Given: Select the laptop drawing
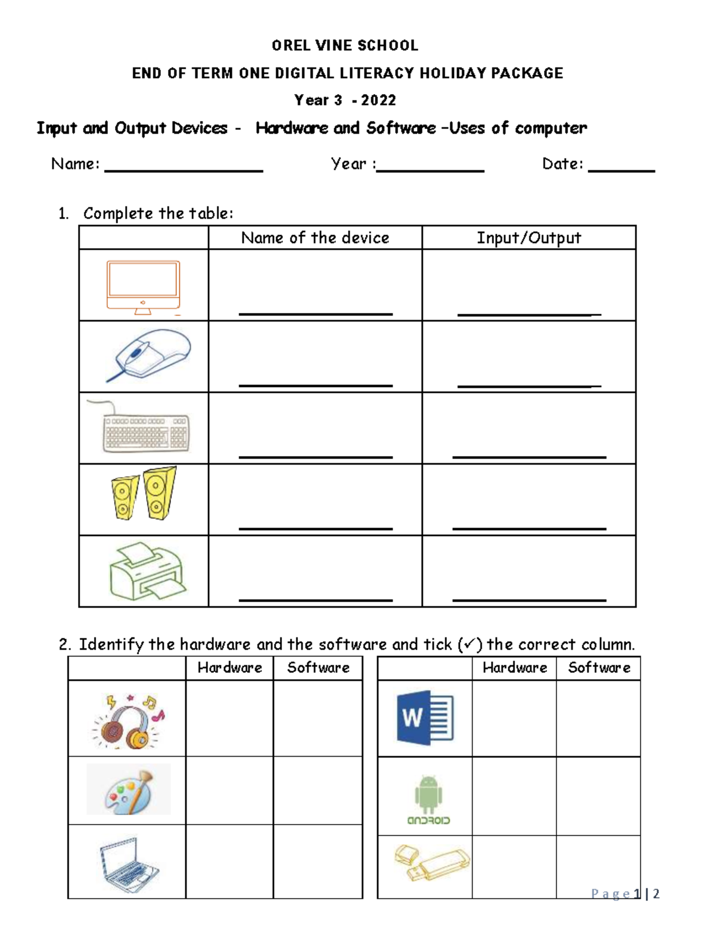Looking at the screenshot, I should click(128, 863).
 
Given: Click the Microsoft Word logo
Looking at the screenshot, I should click(425, 718).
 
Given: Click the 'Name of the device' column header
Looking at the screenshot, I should click(315, 237).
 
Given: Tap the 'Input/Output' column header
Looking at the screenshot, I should click(529, 237).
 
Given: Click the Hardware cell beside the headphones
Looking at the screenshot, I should click(229, 718).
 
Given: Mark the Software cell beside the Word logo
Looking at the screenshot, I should click(598, 718).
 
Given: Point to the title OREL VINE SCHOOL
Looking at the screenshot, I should click(345, 45).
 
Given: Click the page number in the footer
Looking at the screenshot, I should click(625, 893).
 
